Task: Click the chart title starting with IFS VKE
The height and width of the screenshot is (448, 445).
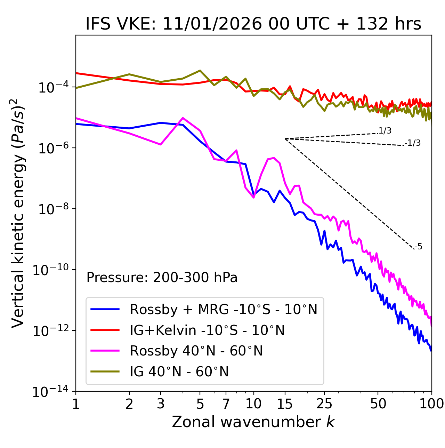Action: [253, 24]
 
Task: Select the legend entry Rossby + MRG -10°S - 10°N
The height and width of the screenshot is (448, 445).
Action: [224, 309]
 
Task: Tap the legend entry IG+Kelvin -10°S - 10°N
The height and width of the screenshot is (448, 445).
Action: [207, 330]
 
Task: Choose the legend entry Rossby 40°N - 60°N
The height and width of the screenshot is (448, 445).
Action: [196, 351]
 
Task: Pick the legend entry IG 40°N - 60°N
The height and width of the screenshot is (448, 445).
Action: [179, 372]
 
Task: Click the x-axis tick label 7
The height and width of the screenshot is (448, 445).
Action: [226, 404]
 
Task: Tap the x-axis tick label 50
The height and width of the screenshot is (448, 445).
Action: [378, 404]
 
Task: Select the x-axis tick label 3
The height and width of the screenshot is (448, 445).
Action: [161, 404]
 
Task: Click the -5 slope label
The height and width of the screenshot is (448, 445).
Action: [419, 247]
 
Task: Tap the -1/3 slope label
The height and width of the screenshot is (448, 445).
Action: [413, 143]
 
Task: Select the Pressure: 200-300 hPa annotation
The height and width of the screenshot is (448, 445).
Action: [162, 278]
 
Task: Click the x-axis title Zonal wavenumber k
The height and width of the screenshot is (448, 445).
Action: [253, 422]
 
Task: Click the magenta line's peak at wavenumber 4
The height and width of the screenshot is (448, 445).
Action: [183, 118]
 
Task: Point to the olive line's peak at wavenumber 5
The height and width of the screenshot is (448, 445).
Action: [200, 71]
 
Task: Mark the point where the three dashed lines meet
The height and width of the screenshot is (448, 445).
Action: [285, 139]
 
